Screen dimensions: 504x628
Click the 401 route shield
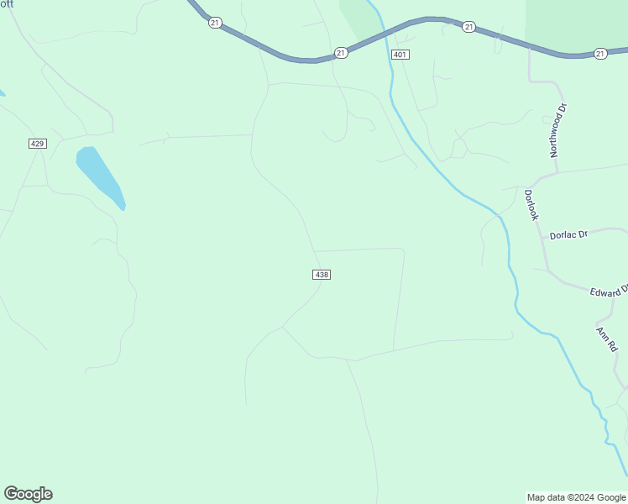(x=400, y=55)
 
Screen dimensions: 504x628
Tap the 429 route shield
(x=37, y=144)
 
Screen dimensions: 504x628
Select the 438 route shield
(x=322, y=275)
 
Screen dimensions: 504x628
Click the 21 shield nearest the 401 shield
(x=340, y=52)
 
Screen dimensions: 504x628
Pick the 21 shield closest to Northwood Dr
(x=599, y=54)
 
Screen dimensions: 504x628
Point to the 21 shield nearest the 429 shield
(x=215, y=23)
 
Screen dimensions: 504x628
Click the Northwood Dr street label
(x=558, y=131)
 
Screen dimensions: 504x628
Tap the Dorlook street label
(x=531, y=204)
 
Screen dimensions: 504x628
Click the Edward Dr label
(x=609, y=291)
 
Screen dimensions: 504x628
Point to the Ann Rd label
(x=606, y=339)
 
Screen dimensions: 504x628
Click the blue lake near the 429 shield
(x=99, y=176)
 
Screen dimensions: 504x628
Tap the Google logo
(x=28, y=494)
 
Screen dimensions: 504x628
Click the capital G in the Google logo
(x=10, y=494)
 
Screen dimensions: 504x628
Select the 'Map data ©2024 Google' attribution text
(x=577, y=497)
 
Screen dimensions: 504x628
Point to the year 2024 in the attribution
(x=581, y=497)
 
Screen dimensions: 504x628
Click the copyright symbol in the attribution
(x=567, y=497)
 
